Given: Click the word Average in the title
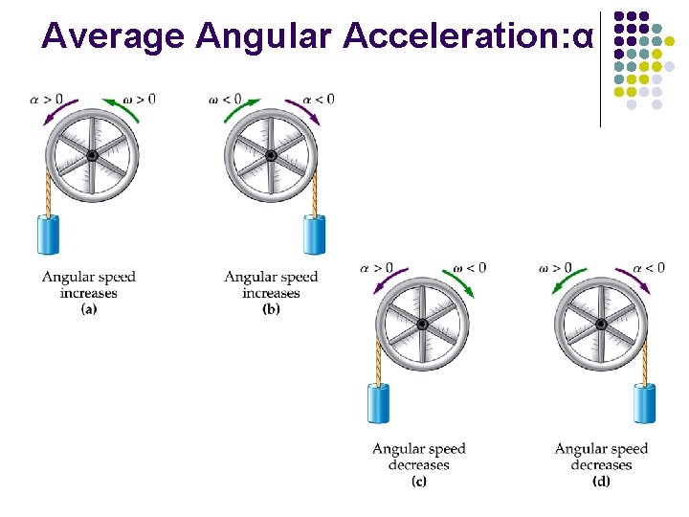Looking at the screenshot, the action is (113, 35).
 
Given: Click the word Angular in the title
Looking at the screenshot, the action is (263, 35).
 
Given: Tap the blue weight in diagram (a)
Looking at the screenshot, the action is (48, 234).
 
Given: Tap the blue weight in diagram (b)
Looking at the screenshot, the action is (314, 234).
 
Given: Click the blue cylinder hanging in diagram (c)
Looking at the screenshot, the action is (379, 403).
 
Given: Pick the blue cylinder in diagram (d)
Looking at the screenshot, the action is (644, 403).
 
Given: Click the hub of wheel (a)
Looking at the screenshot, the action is (92, 156).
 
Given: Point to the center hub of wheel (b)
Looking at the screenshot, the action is (271, 156).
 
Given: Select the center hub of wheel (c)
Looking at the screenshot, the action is (422, 326).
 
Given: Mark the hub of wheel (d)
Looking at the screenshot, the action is (601, 326).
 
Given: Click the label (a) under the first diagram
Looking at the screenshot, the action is (88, 308).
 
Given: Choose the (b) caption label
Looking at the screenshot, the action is (271, 308).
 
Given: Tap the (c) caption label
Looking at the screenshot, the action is (418, 481).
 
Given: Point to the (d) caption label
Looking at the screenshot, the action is (601, 481).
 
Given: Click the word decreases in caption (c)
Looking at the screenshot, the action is (418, 465).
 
